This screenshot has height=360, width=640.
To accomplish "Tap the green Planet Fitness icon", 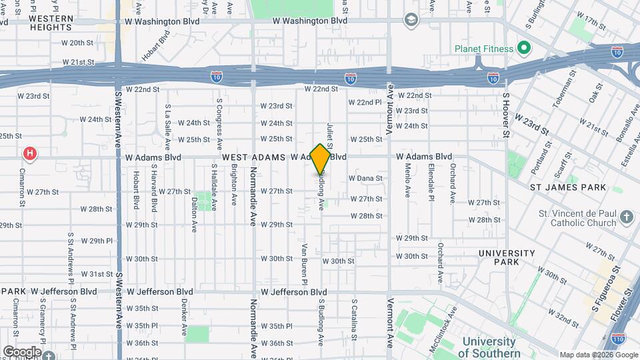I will click(x=523, y=49).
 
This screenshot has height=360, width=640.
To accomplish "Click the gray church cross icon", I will click(x=626, y=217).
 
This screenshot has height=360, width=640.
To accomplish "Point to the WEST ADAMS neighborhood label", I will click(x=253, y=157).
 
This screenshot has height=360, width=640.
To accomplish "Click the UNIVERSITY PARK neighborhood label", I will click(x=507, y=258).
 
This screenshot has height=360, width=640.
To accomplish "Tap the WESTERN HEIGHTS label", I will click(x=51, y=23).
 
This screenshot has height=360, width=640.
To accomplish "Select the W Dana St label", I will click(x=365, y=179).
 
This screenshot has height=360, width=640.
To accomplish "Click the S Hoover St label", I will click(x=507, y=115).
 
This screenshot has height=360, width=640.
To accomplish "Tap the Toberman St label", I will click(x=564, y=93).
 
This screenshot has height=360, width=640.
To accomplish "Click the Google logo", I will click(x=21, y=352).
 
